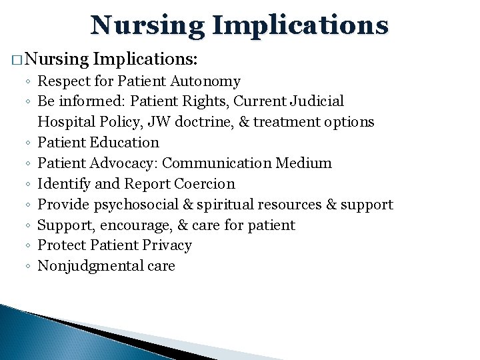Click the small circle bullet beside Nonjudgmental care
tap(29, 267)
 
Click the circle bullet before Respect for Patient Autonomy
tap(29, 82)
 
